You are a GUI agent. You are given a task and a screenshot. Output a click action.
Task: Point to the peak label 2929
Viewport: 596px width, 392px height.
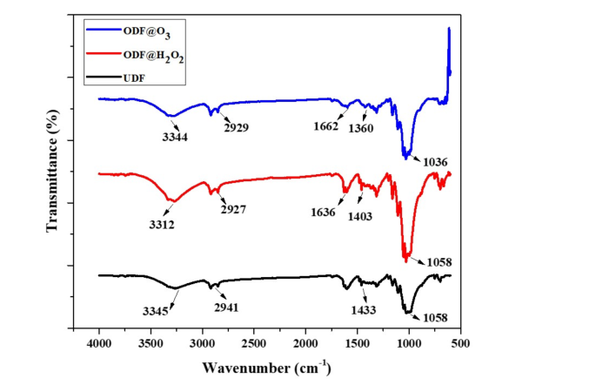click(235, 128)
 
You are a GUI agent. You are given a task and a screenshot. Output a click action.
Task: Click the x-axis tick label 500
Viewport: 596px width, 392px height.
click(459, 344)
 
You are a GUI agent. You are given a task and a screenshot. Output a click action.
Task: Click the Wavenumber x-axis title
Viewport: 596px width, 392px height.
click(266, 368)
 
